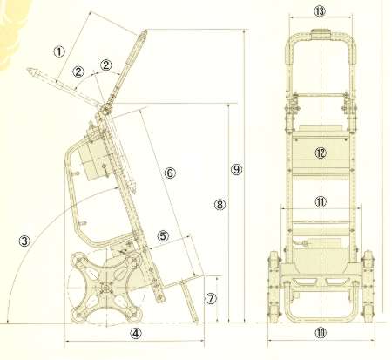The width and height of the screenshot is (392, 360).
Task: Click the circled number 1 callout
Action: pyautogui.click(x=59, y=51)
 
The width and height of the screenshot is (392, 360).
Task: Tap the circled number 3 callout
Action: pyautogui.click(x=24, y=241)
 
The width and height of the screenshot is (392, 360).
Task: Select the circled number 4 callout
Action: pyautogui.click(x=136, y=333)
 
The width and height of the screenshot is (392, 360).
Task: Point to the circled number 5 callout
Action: pyautogui.click(x=163, y=235)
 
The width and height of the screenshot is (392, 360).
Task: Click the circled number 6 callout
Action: pyautogui.click(x=170, y=173)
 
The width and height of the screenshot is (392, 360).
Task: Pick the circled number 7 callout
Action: pyautogui.click(x=211, y=298)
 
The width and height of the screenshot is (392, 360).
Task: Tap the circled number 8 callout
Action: pyautogui.click(x=220, y=205)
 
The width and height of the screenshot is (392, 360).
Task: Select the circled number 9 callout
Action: pyautogui.click(x=236, y=169)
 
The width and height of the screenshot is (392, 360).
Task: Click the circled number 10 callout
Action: pyautogui.click(x=321, y=333)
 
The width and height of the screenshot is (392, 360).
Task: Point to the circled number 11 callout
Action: pyautogui.click(x=321, y=201)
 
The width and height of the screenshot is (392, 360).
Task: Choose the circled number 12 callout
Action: pyautogui.click(x=321, y=153)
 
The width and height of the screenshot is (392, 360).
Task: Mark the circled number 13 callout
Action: pyautogui.click(x=320, y=11)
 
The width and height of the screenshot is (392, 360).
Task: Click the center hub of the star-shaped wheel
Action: pyautogui.click(x=106, y=287)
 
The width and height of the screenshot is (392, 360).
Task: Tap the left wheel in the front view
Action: pyautogui.click(x=274, y=287)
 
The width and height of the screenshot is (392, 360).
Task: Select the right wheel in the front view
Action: pyautogui.click(x=368, y=287)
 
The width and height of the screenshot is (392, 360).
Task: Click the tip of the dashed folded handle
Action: pyautogui.click(x=28, y=70)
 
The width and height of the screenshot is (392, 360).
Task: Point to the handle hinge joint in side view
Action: pyautogui.click(x=105, y=110)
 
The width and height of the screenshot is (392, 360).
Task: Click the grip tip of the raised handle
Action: pyautogui.click(x=145, y=31)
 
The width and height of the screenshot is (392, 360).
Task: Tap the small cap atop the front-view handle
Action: pyautogui.click(x=321, y=32)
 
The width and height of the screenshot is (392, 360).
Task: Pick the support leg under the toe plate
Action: pyautogui.click(x=189, y=300)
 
